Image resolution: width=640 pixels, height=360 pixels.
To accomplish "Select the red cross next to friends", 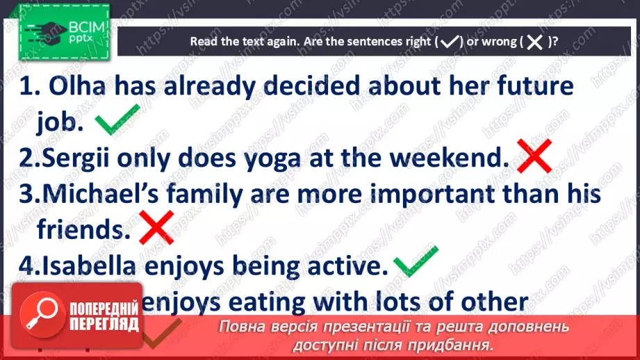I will (157, 227).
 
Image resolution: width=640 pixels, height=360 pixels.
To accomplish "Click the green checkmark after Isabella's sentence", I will (416, 261).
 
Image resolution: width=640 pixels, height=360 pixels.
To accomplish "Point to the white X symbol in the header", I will (534, 42).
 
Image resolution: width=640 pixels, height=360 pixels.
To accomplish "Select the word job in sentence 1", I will (60, 123).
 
